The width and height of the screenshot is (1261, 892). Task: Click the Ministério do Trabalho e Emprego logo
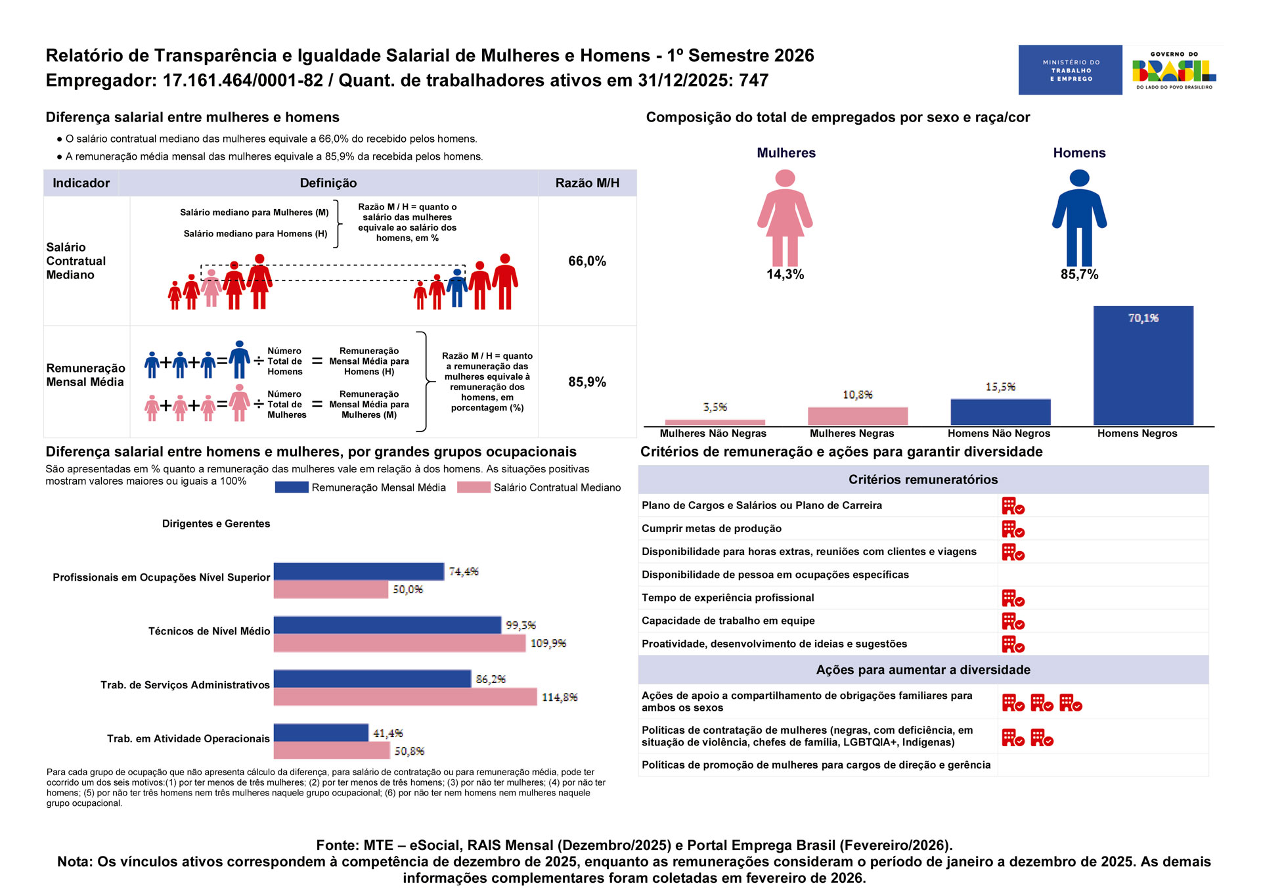pos(1070,70)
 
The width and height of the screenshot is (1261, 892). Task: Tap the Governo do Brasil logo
pos(1174,70)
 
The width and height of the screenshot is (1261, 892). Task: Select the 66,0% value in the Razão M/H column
pos(587,261)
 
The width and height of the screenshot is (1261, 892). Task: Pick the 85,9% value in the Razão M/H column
pos(587,382)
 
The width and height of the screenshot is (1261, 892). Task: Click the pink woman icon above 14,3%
pos(785,217)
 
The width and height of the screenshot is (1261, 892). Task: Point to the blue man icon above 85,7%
pos(1079,217)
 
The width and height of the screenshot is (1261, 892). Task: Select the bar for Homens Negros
pos(1143,365)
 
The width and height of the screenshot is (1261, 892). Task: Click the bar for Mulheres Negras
pos(858,416)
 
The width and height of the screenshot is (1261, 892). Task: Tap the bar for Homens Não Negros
pos(1000,412)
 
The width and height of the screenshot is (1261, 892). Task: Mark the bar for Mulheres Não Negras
pos(715,422)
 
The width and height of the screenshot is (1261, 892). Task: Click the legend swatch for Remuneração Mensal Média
pos(292,487)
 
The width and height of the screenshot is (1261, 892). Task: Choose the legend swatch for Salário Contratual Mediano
pos(474,487)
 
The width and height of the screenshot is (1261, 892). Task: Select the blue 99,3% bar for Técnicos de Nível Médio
pos(387,625)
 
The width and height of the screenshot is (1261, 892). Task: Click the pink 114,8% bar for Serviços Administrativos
pos(405,697)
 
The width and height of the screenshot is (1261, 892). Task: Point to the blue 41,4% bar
pos(321,732)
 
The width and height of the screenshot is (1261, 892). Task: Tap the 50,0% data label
pos(408,590)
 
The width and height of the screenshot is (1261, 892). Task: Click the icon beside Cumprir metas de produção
pos(1013,529)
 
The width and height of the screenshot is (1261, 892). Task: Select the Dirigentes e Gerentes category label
pos(216,524)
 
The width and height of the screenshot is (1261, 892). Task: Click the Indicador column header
pos(81,183)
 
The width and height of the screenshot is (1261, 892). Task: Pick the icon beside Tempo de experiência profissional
pos(1013,598)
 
